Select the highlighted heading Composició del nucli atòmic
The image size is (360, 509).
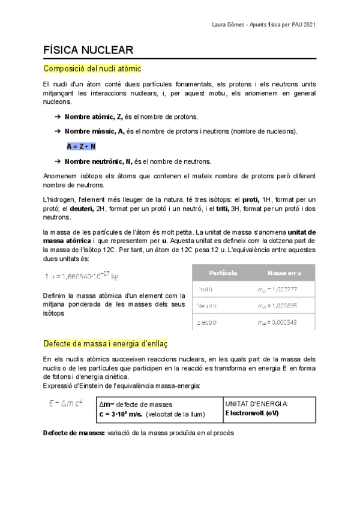coord(92,69)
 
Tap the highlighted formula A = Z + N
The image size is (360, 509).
coord(82,146)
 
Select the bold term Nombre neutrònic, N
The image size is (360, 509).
coord(99,161)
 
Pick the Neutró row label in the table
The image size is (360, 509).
coord(207,306)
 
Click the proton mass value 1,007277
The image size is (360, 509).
coord(277,289)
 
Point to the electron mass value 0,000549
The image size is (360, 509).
coord(277,322)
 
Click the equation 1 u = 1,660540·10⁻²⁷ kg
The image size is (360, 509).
coord(82,276)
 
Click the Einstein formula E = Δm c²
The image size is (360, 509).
coord(65,403)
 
